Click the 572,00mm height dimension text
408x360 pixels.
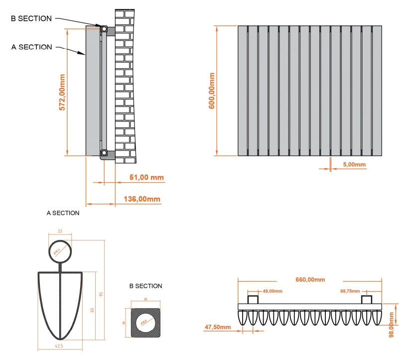click(x=62, y=92)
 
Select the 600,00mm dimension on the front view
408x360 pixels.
click(x=212, y=91)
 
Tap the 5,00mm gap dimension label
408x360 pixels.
click(x=354, y=165)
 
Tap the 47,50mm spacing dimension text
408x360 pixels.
click(x=218, y=327)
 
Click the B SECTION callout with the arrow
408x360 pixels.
click(x=31, y=18)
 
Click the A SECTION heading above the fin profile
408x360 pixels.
click(x=63, y=213)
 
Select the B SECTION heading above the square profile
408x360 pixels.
click(x=145, y=286)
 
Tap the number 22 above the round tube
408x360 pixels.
click(x=60, y=232)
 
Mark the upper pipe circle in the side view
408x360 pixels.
click(x=104, y=29)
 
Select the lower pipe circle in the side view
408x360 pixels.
click(x=104, y=152)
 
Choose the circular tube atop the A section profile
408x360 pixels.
click(x=60, y=251)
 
